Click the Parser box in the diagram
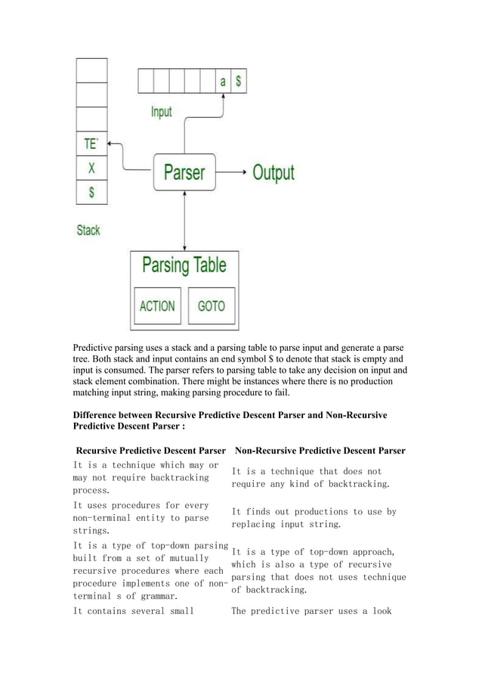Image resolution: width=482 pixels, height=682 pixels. [x=184, y=172]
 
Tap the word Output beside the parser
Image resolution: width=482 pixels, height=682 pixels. [x=273, y=172]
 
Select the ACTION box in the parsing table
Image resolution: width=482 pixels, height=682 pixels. [x=157, y=306]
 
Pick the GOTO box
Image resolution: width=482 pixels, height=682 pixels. [x=211, y=306]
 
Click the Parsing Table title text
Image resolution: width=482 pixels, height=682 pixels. [x=184, y=266]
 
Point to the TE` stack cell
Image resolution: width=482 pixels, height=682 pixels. [x=91, y=144]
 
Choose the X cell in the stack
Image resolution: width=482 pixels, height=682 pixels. [x=91, y=168]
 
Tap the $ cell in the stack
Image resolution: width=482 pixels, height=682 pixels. [x=91, y=192]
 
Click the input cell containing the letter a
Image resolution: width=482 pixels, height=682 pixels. [x=222, y=82]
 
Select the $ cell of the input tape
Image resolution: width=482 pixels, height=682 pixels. [x=238, y=82]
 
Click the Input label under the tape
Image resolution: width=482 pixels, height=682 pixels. [x=161, y=112]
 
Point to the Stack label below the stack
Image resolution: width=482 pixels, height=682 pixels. [x=88, y=230]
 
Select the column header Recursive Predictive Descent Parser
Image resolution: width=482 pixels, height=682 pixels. [x=151, y=451]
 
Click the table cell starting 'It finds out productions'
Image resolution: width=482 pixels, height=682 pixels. [x=314, y=517]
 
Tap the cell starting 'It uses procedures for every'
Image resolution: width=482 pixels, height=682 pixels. [x=141, y=517]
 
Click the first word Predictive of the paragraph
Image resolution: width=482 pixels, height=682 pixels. [x=96, y=349]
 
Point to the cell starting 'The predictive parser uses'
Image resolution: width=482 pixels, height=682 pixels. [x=311, y=611]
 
